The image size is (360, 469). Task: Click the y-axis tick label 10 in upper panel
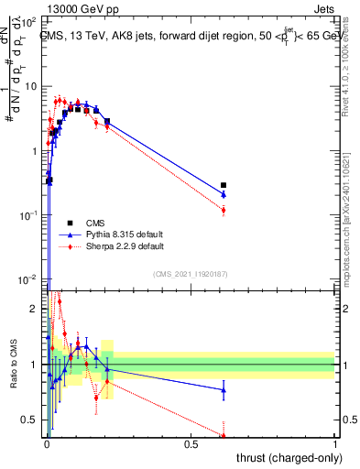[x=31, y=86]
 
